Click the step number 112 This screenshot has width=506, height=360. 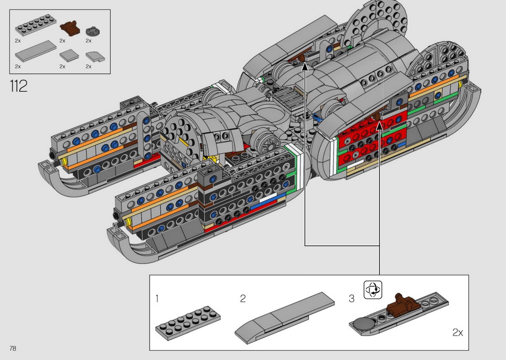click(19, 86)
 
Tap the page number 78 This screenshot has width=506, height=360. click(13, 348)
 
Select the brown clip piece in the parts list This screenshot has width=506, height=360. click(70, 28)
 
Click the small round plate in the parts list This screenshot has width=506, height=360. click(93, 31)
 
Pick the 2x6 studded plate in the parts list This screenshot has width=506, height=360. click(36, 25)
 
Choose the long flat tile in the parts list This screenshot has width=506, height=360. click(36, 51)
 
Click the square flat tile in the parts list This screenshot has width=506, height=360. click(69, 55)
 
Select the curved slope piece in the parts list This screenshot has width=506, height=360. click(95, 57)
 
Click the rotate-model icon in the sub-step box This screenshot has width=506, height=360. click(373, 290)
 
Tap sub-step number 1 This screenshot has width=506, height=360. click(157, 299)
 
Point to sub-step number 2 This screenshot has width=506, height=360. click(243, 299)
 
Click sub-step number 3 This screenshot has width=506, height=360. click(352, 299)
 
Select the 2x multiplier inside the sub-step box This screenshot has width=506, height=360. click(458, 332)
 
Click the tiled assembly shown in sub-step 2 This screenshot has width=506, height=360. click(285, 318)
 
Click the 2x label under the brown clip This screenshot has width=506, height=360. click(62, 41)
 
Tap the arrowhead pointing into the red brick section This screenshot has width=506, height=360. click(379, 126)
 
